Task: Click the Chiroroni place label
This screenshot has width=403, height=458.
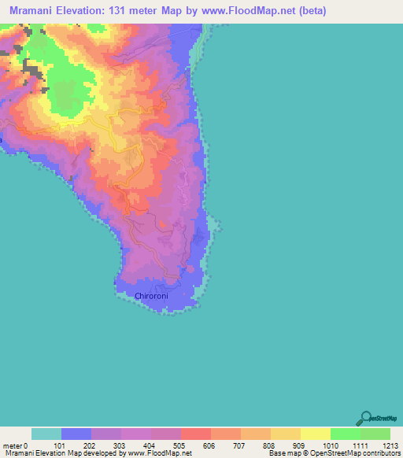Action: pyautogui.click(x=151, y=297)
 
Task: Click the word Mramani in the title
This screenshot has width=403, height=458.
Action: pyautogui.click(x=35, y=11)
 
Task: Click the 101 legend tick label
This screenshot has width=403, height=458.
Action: pyautogui.click(x=61, y=445)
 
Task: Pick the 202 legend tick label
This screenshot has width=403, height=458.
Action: pyautogui.click(x=91, y=445)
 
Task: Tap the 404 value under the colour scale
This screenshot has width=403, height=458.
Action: pyautogui.click(x=150, y=445)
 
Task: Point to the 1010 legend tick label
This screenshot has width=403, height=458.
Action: pyautogui.click(x=329, y=445)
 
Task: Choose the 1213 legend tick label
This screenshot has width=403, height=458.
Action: pyautogui.click(x=389, y=445)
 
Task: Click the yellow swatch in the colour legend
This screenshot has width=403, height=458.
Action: pyautogui.click(x=315, y=434)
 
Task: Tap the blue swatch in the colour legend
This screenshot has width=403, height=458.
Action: pyautogui.click(x=76, y=434)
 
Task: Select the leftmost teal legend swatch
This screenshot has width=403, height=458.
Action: pyautogui.click(x=46, y=434)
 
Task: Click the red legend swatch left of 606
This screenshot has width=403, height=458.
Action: pyautogui.click(x=195, y=434)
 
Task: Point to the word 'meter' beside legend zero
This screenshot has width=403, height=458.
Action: pyautogui.click(x=12, y=445)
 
